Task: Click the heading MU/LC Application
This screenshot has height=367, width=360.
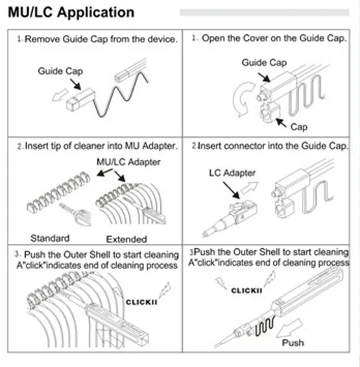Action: [x=71, y=12]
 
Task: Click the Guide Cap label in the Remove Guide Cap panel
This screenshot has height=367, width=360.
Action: [x=60, y=71]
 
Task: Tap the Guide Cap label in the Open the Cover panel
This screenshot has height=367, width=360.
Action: [x=264, y=63]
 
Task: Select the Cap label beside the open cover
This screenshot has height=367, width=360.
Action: [x=299, y=127]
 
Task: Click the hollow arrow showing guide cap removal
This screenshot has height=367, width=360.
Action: [x=60, y=95]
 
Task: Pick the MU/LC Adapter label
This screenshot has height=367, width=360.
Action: [x=128, y=162]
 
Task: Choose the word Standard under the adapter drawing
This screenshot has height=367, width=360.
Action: [x=50, y=238]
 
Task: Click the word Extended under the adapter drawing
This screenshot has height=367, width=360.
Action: [x=126, y=239]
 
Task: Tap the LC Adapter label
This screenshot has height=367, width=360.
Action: [x=232, y=173]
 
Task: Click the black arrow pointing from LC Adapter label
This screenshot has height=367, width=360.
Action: [x=231, y=190]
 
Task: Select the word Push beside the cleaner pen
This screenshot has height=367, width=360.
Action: [x=293, y=342]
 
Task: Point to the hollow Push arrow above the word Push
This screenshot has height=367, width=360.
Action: [x=290, y=328]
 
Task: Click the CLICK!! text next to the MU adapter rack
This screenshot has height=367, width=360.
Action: [x=141, y=302]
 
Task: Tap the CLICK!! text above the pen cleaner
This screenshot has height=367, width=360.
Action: [x=246, y=290]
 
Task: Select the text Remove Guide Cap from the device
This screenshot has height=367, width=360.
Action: [x=101, y=39]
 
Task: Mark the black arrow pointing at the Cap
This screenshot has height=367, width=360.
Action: [x=281, y=123]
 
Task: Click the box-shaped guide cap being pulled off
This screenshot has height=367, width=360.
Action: [x=80, y=99]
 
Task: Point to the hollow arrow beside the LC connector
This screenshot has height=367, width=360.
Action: [x=250, y=187]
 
